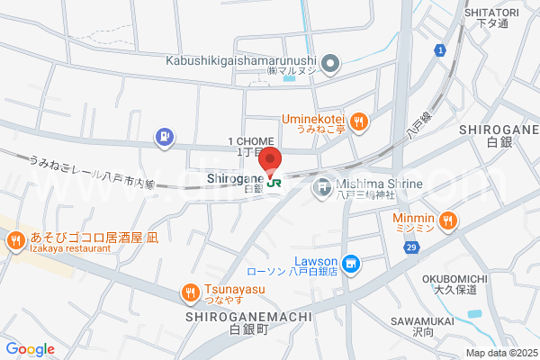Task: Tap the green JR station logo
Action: pos(274,183)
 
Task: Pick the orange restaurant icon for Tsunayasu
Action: pos(189,291)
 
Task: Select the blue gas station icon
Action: pos(165,137)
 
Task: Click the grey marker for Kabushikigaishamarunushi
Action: pos(330,63)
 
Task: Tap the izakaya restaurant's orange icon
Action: pos(15,240)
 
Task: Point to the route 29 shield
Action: pos(412,247)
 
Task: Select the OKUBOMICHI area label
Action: pos(454,279)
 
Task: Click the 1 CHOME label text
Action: pos(248,142)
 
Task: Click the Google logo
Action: pos(30,349)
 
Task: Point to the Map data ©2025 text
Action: pos(500,353)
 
